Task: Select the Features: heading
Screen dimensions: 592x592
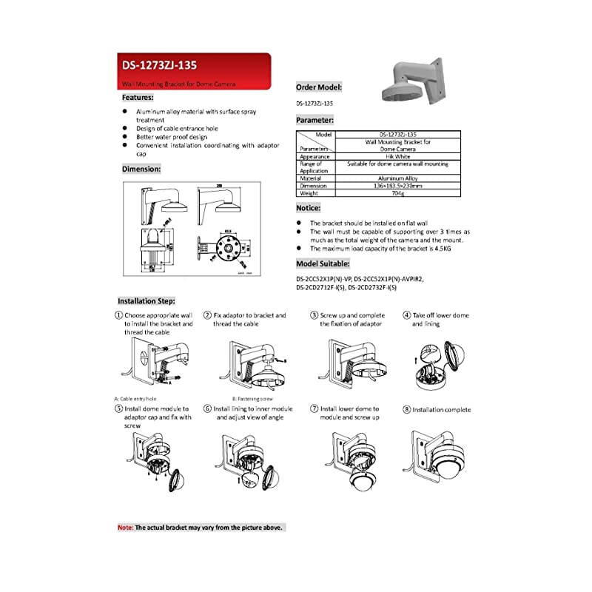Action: (138, 97)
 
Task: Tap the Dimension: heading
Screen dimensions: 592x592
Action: (141, 169)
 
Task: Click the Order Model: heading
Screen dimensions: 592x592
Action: (319, 87)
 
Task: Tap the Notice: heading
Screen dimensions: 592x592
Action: (308, 209)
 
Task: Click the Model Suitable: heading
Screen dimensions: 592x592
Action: (323, 263)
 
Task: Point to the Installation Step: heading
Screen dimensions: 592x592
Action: (147, 301)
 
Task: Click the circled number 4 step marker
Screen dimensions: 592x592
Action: (407, 314)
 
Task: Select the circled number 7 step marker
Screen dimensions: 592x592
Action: (314, 408)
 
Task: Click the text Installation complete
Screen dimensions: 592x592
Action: (441, 409)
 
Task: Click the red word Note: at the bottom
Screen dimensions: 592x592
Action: (125, 528)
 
